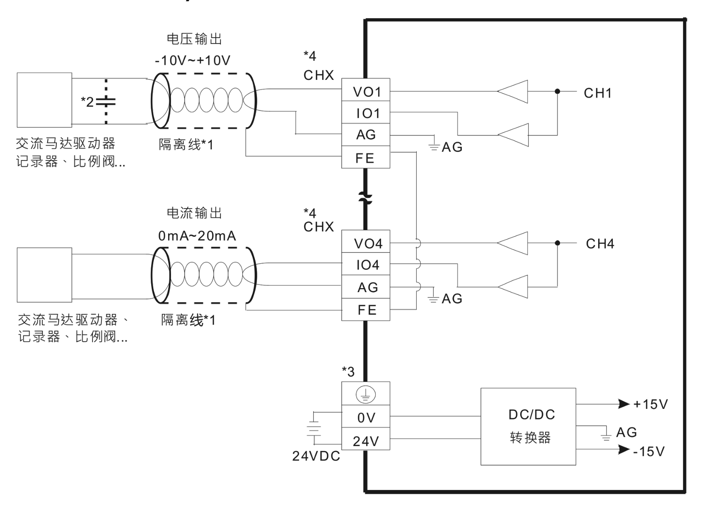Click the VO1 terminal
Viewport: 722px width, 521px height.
[366, 91]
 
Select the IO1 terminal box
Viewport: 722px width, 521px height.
[366, 113]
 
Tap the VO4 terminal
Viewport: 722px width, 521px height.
[366, 243]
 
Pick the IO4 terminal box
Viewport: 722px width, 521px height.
[366, 265]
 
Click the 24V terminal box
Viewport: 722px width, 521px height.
[366, 441]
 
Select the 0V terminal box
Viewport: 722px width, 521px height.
[366, 418]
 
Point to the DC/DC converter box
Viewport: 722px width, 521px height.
[528, 426]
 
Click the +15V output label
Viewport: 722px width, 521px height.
[650, 404]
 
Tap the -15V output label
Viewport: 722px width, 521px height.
[649, 451]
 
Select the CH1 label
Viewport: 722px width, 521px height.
[597, 93]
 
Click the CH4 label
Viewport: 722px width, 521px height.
[599, 244]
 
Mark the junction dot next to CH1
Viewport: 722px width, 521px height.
[558, 91]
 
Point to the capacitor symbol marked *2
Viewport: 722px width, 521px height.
[106, 102]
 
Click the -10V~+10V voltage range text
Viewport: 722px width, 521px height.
[192, 61]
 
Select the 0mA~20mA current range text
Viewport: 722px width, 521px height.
[197, 236]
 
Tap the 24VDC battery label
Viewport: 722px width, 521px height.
[316, 456]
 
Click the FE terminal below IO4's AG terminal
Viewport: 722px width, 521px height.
[366, 310]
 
